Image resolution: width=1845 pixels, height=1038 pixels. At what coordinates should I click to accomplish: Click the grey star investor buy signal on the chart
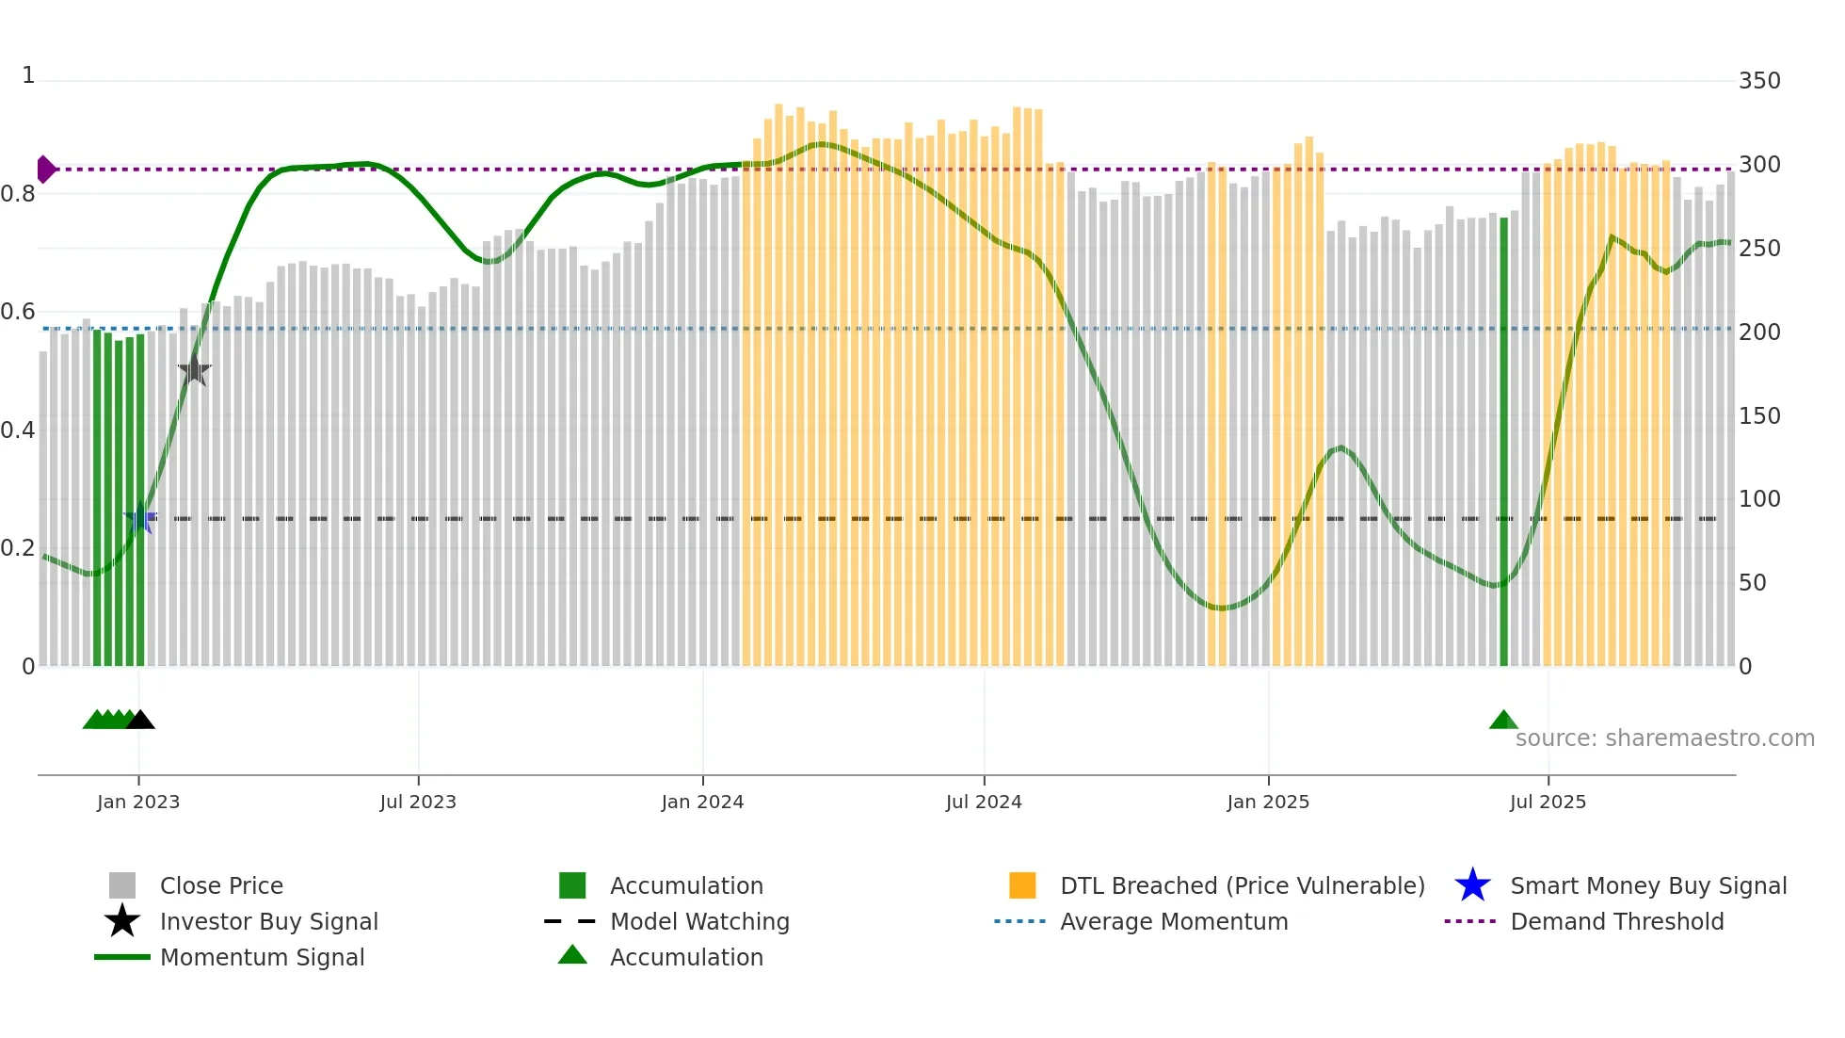click(x=194, y=371)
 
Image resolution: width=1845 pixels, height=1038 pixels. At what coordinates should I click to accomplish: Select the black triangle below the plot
click(x=140, y=721)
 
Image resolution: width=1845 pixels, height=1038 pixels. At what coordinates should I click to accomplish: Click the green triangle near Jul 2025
click(x=1503, y=721)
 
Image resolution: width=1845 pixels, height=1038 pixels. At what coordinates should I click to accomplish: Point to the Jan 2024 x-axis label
click(x=702, y=802)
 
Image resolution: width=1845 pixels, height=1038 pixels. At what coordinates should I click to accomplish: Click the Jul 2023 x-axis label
click(x=418, y=802)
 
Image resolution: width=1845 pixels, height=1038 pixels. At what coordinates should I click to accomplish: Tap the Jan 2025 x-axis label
click(x=1268, y=802)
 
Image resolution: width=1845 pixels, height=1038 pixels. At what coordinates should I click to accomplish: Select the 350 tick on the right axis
click(x=1758, y=81)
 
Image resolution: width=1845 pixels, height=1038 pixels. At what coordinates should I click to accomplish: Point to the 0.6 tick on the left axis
click(x=18, y=312)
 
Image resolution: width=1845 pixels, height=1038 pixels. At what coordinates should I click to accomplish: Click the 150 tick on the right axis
click(x=1758, y=416)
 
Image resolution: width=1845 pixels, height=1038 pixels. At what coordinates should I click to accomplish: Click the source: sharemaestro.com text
click(x=1664, y=738)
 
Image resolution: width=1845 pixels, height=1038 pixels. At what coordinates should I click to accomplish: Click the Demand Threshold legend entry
click(x=1616, y=922)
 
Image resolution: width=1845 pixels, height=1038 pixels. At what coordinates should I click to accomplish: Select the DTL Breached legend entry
click(x=1242, y=886)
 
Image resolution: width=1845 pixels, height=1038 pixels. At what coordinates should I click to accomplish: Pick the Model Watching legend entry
click(x=698, y=922)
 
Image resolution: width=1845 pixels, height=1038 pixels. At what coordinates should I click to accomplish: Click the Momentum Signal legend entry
click(x=262, y=958)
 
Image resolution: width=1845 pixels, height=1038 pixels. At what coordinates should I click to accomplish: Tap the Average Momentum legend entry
click(x=1173, y=922)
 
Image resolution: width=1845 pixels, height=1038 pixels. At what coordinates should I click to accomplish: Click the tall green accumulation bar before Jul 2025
click(x=1503, y=443)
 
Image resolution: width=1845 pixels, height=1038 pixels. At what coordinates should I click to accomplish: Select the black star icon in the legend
click(x=122, y=921)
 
